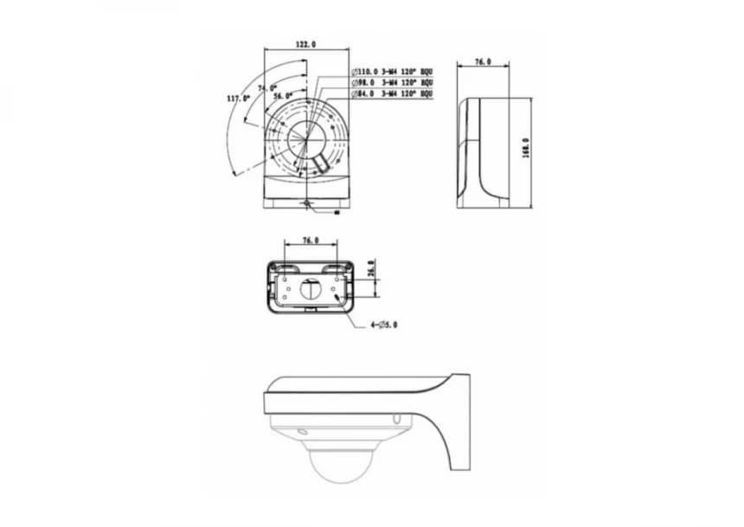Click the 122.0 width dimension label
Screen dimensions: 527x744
(305, 43)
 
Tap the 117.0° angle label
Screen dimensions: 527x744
(238, 99)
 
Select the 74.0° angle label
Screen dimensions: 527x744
(266, 88)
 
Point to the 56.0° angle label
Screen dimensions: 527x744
(283, 96)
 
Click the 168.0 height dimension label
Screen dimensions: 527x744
(525, 149)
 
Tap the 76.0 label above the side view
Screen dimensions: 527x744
(484, 62)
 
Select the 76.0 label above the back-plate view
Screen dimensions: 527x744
(310, 241)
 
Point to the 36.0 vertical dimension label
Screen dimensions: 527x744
(371, 269)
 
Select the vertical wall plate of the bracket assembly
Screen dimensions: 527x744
(460, 423)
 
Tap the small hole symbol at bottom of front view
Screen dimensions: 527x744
(307, 204)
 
